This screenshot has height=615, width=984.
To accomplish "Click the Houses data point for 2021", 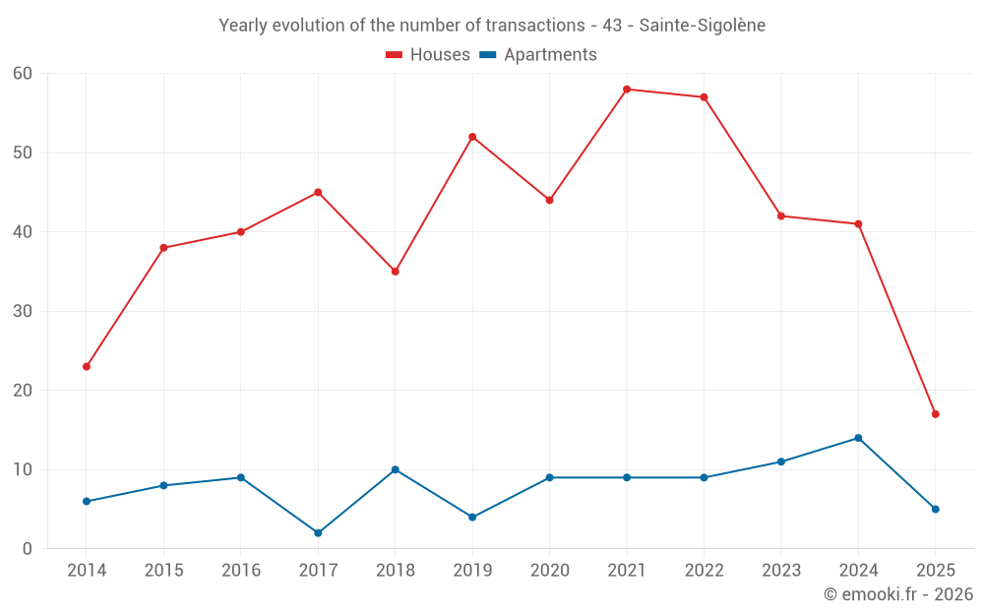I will [627, 90].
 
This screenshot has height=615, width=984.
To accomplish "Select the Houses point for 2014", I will [87, 366].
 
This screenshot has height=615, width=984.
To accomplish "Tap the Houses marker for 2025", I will [935, 414].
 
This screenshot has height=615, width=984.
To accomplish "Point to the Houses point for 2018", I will [396, 272].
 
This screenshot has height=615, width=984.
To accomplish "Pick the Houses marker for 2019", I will [472, 137].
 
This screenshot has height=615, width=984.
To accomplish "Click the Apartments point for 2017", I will [318, 532].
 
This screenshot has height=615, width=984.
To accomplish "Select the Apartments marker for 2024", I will [858, 438].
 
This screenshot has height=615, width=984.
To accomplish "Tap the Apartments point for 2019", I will [472, 517].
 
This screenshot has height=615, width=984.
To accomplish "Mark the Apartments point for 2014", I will [87, 501].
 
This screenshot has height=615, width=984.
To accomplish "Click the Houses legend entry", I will [428, 55].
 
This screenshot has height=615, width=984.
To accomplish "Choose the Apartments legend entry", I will [538, 55].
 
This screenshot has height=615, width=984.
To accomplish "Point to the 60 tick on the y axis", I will [23, 74].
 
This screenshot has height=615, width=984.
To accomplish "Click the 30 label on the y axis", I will [23, 311].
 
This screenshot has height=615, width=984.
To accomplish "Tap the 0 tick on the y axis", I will [28, 548].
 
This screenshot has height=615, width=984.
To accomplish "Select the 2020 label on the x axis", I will [549, 571].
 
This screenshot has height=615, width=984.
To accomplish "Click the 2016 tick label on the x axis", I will [241, 571].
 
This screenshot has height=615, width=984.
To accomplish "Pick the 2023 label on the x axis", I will [781, 571].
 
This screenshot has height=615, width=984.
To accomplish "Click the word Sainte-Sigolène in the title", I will [702, 26].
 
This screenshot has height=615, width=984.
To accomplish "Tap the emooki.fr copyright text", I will [897, 594].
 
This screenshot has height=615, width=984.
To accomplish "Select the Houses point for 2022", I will [704, 97].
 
